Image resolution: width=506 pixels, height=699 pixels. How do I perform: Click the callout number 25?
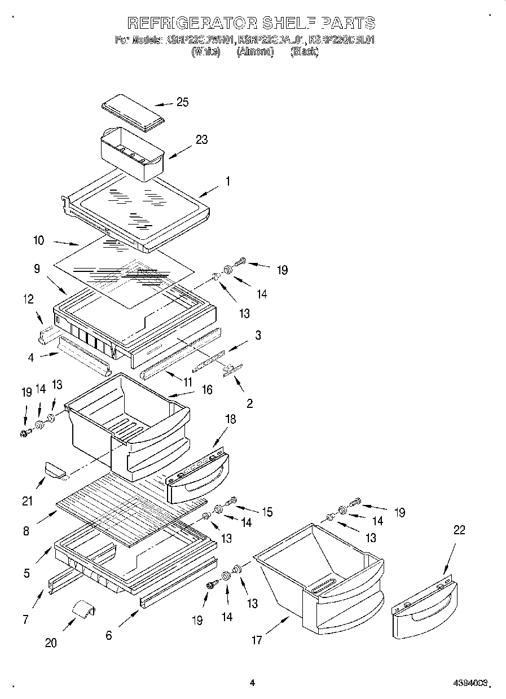click(182, 102)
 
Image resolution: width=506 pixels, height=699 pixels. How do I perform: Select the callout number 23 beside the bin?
click(201, 140)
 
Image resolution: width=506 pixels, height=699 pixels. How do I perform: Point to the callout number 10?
click(39, 240)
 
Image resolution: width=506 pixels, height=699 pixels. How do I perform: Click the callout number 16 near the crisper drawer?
click(207, 390)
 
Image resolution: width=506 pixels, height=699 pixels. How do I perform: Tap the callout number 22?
click(459, 530)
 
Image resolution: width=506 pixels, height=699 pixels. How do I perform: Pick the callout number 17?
click(257, 640)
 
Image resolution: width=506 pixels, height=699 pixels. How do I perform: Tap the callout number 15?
click(266, 512)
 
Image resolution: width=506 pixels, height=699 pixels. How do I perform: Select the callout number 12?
click(28, 299)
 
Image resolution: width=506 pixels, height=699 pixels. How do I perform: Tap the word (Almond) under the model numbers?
click(254, 52)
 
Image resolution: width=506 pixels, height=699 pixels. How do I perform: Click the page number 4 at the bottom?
click(252, 683)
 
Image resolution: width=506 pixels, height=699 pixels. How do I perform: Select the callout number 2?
click(249, 404)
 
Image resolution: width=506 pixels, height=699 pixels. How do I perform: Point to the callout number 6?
click(109, 635)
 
